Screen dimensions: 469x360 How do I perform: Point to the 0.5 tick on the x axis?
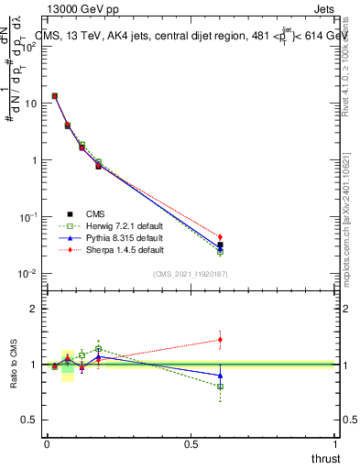191,444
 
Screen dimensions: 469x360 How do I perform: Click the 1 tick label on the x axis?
336,444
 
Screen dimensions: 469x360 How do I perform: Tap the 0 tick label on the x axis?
46,444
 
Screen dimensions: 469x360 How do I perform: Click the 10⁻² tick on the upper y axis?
29,274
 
